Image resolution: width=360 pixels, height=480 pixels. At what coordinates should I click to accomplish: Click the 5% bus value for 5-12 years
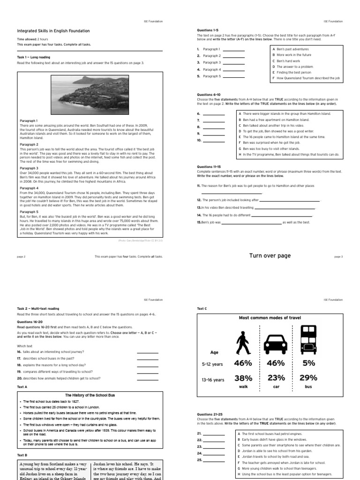point(308,363)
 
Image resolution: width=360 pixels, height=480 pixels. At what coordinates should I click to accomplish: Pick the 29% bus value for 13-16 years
point(308,378)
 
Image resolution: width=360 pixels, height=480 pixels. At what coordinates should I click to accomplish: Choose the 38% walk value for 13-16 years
point(243,378)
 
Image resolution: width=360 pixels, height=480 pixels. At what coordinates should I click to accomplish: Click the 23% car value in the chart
point(276,378)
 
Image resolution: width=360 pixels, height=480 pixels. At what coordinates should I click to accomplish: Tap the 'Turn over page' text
point(270,255)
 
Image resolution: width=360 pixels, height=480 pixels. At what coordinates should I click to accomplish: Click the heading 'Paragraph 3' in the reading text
point(29,168)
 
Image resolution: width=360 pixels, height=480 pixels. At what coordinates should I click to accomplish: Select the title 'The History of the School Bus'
point(90,396)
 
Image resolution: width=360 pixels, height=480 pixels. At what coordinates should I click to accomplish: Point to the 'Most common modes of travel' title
point(270,318)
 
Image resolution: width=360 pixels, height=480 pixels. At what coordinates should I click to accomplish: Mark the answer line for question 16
point(147,352)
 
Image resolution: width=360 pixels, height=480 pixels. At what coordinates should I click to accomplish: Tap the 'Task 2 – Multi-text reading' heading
point(38,309)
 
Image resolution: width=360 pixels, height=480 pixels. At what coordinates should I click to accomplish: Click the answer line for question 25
point(214,460)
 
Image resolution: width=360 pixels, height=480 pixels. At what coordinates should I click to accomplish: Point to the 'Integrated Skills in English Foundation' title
point(53,31)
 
